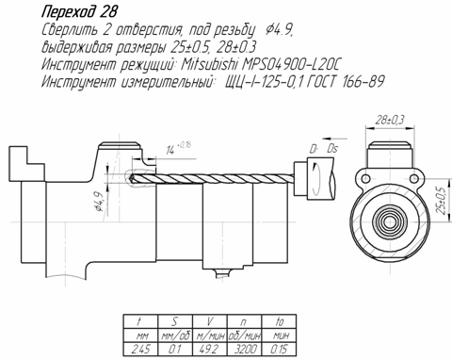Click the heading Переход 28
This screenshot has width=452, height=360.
pyautogui.click(x=79, y=12)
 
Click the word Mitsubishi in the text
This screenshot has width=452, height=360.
pyautogui.click(x=209, y=65)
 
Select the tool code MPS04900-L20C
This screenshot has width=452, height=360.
pyautogui.click(x=291, y=65)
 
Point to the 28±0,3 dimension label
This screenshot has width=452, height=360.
pyautogui.click(x=390, y=120)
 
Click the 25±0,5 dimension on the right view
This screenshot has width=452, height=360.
pyautogui.click(x=442, y=201)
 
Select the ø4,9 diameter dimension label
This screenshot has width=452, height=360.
pyautogui.click(x=99, y=202)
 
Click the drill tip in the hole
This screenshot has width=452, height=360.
pyautogui.click(x=132, y=178)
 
